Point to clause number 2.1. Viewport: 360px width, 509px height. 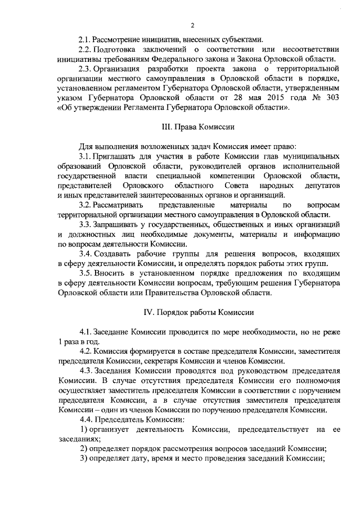[x=85, y=39]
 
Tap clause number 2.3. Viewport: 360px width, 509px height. [x=85, y=69]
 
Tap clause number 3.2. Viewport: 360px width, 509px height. [x=85, y=205]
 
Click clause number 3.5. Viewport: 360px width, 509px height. [x=85, y=272]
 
